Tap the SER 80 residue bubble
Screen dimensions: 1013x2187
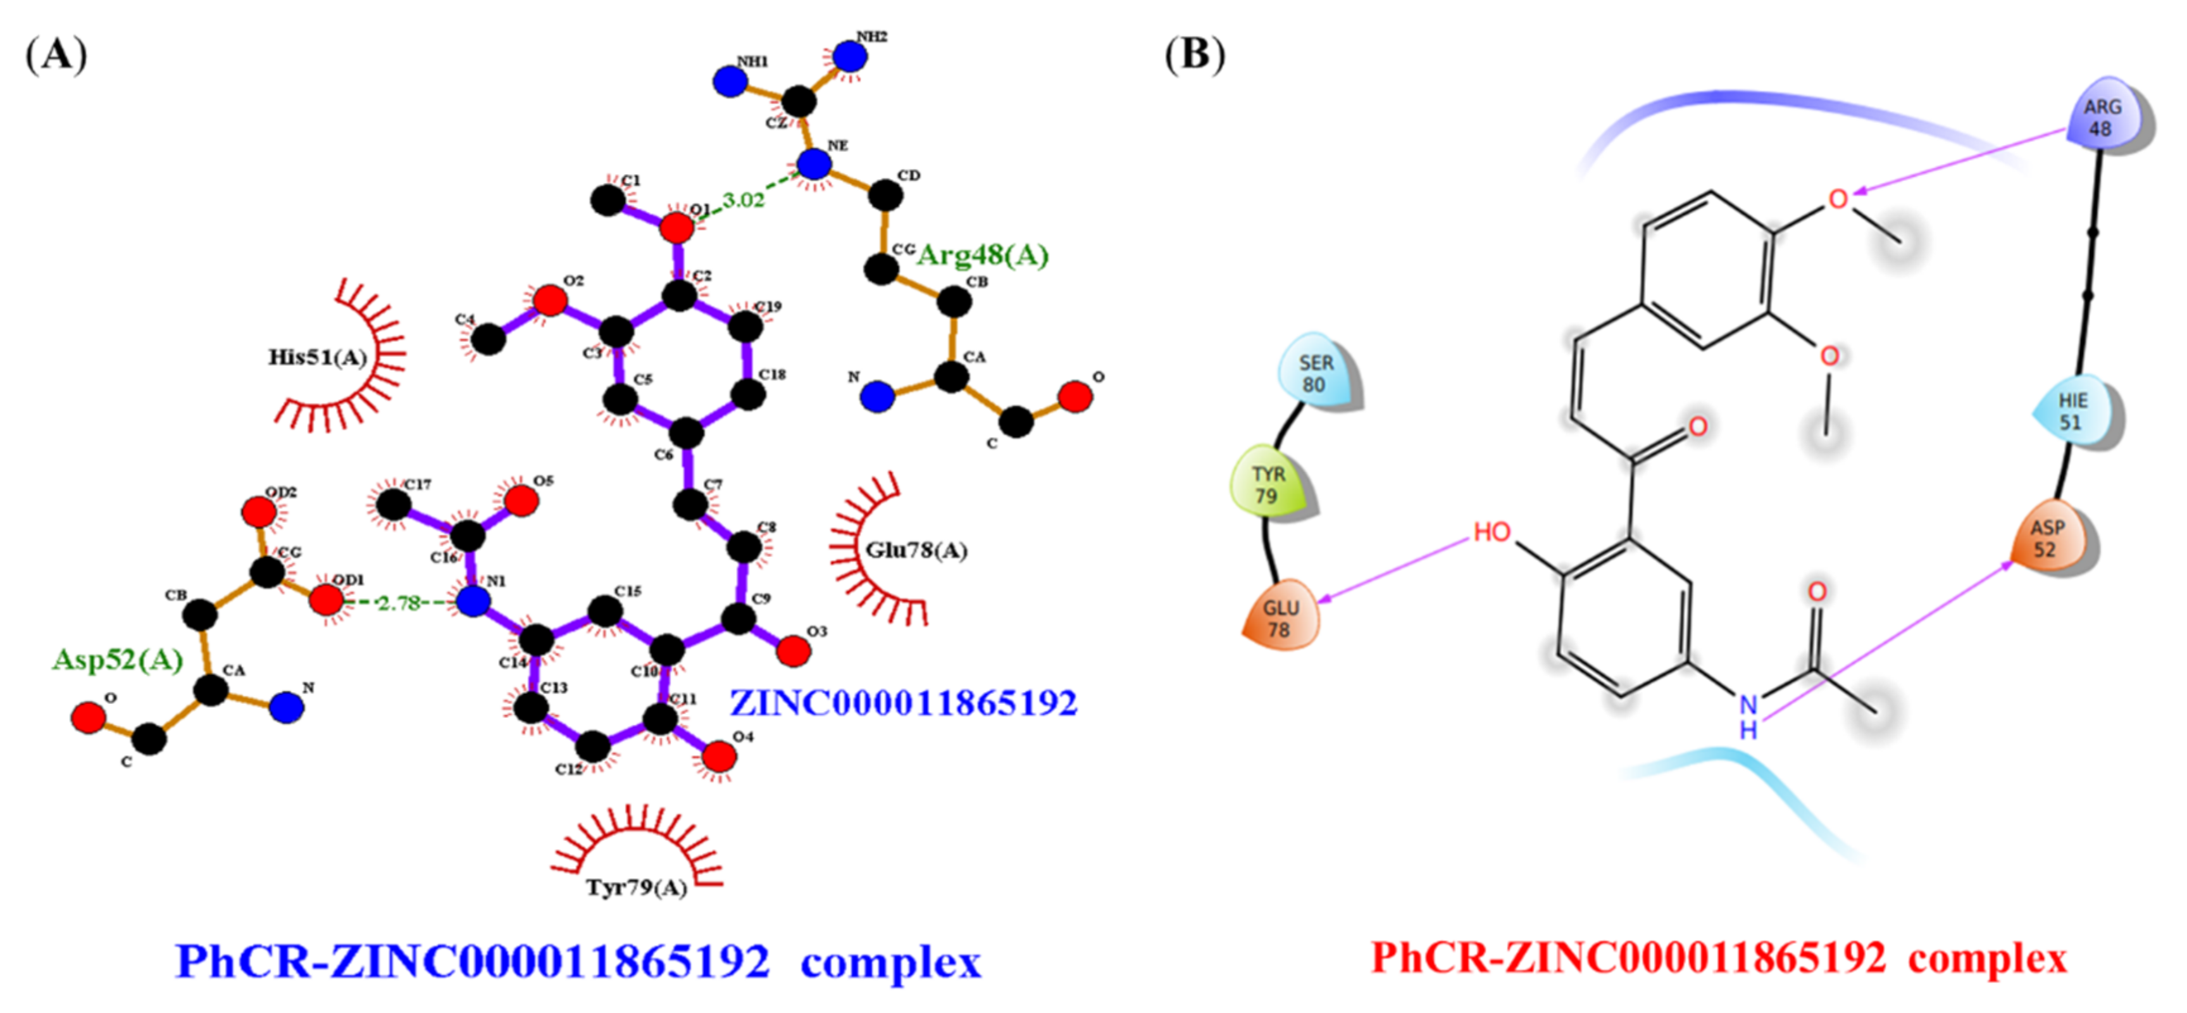(x=1316, y=373)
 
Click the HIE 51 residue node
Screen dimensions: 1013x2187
(x=2072, y=411)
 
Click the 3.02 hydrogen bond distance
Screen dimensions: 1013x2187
(x=744, y=201)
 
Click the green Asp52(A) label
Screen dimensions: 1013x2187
(x=117, y=660)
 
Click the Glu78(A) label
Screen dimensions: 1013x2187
(x=916, y=551)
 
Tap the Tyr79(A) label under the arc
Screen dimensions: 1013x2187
(x=636, y=888)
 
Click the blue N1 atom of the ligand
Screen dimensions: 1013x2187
(x=473, y=601)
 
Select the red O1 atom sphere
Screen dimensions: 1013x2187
(x=676, y=227)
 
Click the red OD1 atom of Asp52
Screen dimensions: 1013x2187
(x=326, y=600)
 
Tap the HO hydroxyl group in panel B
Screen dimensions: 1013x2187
(x=1492, y=532)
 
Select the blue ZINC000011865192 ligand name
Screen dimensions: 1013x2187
(x=903, y=703)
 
